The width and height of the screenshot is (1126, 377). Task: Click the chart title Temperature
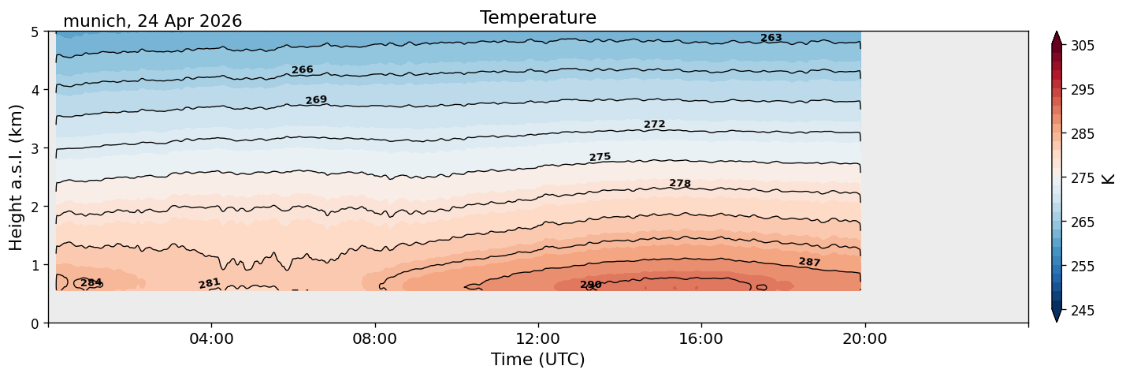point(538,17)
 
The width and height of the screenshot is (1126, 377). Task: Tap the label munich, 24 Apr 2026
point(152,21)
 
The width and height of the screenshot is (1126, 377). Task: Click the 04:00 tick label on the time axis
point(212,338)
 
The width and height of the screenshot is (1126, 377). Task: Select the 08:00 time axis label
point(375,338)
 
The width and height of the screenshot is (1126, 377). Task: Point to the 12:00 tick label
point(538,338)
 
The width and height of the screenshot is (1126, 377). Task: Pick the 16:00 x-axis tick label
point(701,338)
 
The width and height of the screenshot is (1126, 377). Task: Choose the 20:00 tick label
point(864,338)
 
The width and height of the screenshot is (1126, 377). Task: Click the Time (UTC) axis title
point(538,360)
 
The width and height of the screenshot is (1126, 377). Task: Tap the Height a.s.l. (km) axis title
point(16,177)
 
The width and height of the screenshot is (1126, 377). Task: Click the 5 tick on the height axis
point(35,32)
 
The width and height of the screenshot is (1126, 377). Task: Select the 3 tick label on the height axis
point(35,148)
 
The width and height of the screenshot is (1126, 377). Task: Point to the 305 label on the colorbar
point(1082,46)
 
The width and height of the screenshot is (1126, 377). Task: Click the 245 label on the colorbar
point(1082,311)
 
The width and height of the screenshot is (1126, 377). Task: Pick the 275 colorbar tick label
point(1082,178)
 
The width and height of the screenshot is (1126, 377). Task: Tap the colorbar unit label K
point(1108,179)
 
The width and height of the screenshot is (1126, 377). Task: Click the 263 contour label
point(771,38)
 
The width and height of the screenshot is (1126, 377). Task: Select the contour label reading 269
point(316,99)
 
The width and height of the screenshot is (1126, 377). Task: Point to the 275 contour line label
point(600,157)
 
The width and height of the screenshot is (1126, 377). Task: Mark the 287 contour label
point(809,262)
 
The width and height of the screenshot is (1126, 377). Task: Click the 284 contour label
point(91,283)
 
